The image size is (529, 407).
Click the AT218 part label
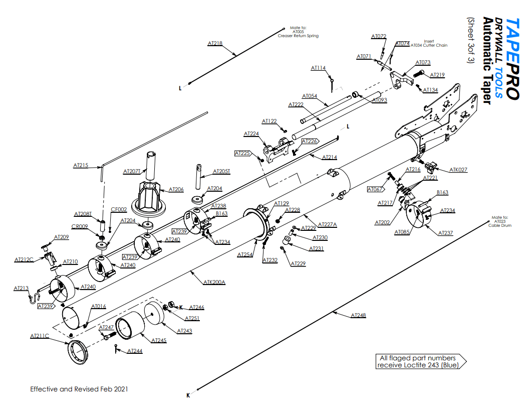pyautogui.click(x=215, y=43)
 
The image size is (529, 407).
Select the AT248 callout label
pyautogui.click(x=358, y=315)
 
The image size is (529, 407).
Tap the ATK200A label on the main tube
pyautogui.click(x=214, y=282)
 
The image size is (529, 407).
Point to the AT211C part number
pyautogui.click(x=40, y=336)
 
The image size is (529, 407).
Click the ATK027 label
pyautogui.click(x=458, y=170)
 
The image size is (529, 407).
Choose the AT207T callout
pyautogui.click(x=132, y=171)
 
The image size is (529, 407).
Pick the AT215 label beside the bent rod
pyautogui.click(x=81, y=165)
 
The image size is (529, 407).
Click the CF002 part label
pyautogui.click(x=119, y=210)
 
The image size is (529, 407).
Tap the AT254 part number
pyautogui.click(x=244, y=255)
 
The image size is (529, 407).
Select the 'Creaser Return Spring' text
pyautogui.click(x=298, y=36)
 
